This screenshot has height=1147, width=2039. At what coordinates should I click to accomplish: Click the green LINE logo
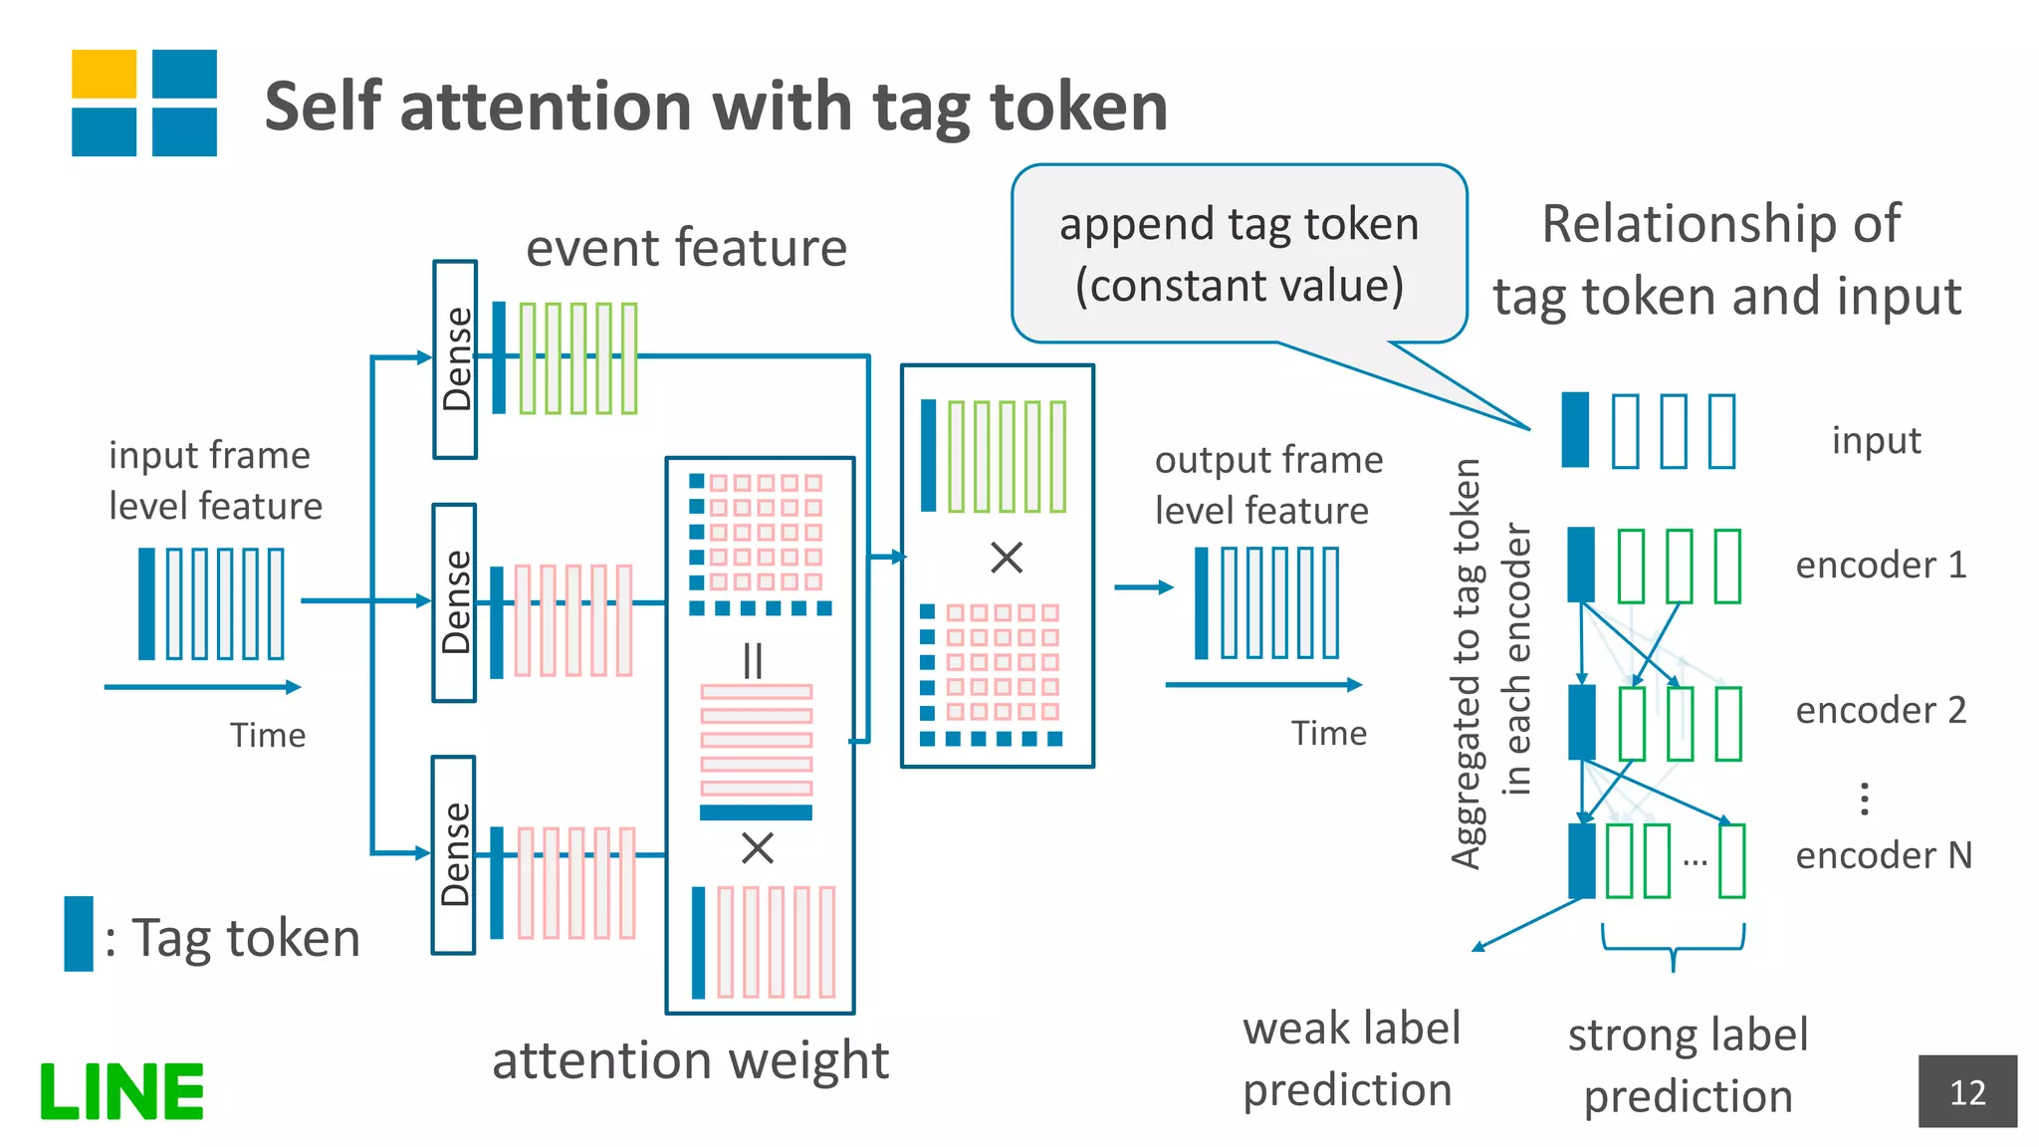(x=121, y=1091)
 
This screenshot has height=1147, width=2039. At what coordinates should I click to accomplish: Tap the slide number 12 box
(x=1967, y=1091)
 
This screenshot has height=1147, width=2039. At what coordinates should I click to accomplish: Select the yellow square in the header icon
(x=104, y=74)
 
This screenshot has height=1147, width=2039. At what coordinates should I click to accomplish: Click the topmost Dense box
(x=455, y=359)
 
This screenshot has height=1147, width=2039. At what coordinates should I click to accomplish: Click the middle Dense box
(x=455, y=602)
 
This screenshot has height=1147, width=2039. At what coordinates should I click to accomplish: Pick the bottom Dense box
(x=454, y=854)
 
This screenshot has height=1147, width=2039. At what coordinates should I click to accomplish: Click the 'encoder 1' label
(x=1881, y=565)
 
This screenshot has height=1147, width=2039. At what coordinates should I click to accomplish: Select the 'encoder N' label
(x=1883, y=855)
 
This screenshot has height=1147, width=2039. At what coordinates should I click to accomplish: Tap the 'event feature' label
(x=686, y=247)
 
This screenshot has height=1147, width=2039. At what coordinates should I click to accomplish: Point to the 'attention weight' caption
(x=690, y=1059)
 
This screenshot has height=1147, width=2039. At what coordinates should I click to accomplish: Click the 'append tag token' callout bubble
(x=1239, y=254)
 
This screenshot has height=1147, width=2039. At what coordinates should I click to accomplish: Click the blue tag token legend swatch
(x=79, y=933)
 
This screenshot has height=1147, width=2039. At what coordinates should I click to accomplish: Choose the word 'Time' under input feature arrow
(x=268, y=735)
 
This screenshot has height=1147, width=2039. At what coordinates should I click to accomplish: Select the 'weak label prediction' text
(x=1350, y=1058)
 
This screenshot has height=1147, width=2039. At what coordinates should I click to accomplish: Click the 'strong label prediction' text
(x=1688, y=1065)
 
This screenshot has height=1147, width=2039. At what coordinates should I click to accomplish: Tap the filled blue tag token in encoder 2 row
(x=1581, y=722)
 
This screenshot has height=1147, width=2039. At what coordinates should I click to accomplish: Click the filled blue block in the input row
(x=1575, y=430)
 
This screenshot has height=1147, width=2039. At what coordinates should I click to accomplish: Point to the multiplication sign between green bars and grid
(x=1007, y=558)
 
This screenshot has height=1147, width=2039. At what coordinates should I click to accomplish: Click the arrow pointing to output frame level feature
(x=1143, y=587)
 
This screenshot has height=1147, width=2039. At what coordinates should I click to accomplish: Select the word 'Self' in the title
(x=323, y=107)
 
